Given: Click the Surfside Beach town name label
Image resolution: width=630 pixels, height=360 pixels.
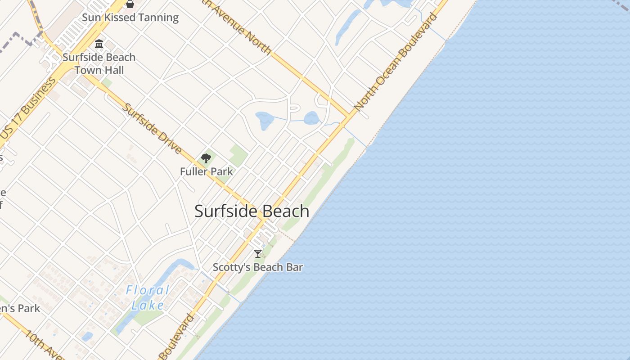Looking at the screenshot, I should [252, 211].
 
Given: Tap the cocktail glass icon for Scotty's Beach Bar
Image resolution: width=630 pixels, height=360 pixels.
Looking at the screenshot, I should [258, 254].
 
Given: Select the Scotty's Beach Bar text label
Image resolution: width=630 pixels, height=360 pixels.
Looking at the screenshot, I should [257, 267].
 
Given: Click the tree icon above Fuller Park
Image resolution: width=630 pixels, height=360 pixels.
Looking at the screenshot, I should [206, 158].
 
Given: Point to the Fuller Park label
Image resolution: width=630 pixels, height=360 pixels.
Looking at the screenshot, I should [207, 171].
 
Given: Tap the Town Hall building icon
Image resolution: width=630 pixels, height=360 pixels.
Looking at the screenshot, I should [99, 44].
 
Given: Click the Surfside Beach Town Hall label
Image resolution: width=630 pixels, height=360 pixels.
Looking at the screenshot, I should [99, 63].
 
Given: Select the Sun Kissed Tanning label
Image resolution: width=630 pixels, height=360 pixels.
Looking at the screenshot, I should [130, 18].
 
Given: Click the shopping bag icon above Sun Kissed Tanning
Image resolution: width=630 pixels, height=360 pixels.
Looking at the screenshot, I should [130, 4].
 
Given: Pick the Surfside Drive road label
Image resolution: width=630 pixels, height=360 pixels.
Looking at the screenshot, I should [153, 129].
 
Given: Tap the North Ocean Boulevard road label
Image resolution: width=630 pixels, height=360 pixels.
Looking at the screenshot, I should [396, 63].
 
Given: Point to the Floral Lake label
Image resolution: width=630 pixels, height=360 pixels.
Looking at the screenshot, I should [148, 297].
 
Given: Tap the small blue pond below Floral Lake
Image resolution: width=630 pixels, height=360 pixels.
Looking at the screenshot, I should [87, 336].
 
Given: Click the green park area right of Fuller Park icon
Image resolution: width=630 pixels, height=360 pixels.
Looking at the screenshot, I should [238, 155].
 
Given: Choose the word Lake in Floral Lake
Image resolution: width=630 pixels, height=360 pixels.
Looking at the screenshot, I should [148, 305].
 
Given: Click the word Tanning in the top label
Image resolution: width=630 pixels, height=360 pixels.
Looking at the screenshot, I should [157, 18].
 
